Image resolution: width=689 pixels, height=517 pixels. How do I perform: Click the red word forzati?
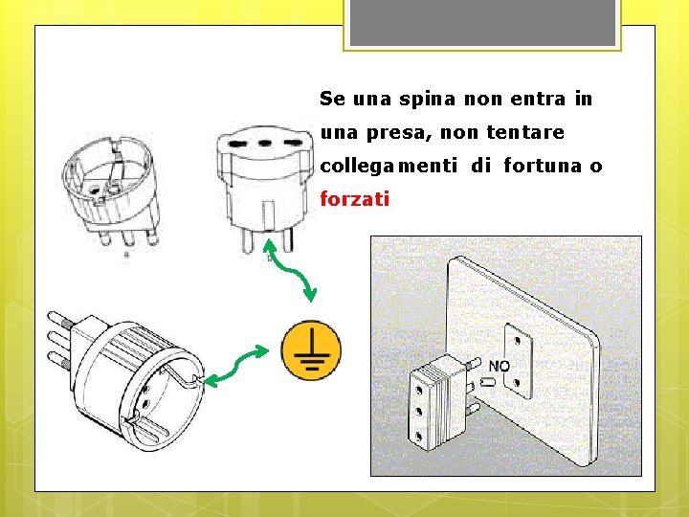point(355,199)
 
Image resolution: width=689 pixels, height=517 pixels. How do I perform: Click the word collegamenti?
point(389,167)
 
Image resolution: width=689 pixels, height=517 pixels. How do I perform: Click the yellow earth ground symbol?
point(311,350)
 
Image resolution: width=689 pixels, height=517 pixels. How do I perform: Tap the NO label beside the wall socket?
point(500,366)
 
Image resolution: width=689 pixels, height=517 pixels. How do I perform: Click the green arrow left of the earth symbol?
point(236,366)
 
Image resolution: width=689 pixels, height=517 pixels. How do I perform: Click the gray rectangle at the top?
point(482,22)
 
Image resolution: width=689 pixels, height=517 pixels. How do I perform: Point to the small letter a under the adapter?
point(126,254)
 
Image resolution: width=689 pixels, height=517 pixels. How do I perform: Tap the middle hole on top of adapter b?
point(264,143)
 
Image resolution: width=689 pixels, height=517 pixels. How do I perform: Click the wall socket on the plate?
point(518,361)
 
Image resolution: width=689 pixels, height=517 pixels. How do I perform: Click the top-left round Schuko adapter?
point(110,190)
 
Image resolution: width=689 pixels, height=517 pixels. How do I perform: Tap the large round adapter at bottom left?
point(126,382)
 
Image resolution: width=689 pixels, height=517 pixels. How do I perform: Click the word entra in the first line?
point(538,99)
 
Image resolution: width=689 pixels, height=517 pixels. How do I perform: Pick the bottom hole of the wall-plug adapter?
point(418,437)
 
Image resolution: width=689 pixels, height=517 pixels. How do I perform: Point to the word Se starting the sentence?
point(333,99)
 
